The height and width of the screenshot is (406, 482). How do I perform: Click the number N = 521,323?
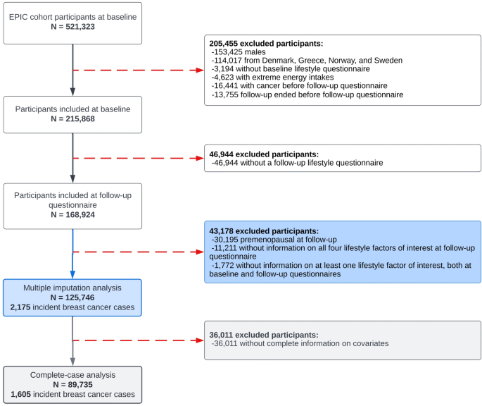72,27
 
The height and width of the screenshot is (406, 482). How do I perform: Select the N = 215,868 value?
72,118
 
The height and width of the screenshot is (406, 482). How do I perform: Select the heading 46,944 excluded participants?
264,153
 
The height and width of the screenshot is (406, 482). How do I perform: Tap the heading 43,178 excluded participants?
264,230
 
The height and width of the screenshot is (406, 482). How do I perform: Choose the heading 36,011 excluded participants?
264,334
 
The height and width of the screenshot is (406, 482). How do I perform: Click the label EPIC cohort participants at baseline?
72,16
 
